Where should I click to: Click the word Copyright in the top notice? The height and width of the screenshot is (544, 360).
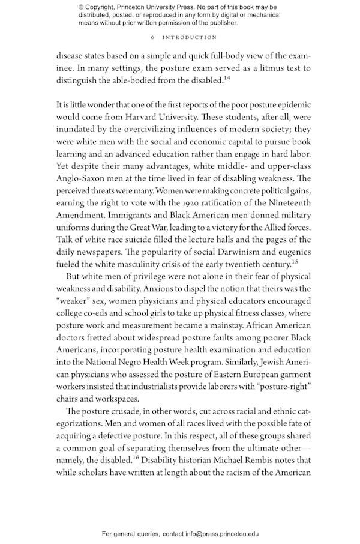coord(102,7)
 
